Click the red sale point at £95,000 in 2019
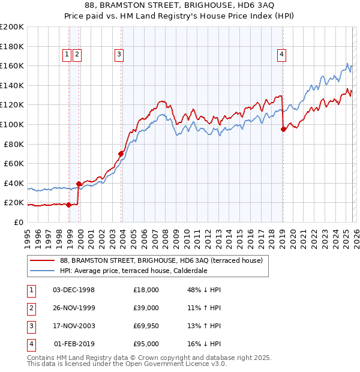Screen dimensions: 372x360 pyautogui.click(x=283, y=129)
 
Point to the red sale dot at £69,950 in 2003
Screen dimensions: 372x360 pyautogui.click(x=121, y=154)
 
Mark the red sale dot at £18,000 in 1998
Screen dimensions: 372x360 pyautogui.click(x=69, y=205)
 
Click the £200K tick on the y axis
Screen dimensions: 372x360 pyautogui.click(x=12, y=27)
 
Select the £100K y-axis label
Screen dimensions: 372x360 pyautogui.click(x=12, y=124)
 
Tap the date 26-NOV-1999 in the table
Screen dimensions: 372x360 pyautogui.click(x=74, y=308)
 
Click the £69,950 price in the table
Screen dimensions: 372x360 pyautogui.click(x=146, y=326)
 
